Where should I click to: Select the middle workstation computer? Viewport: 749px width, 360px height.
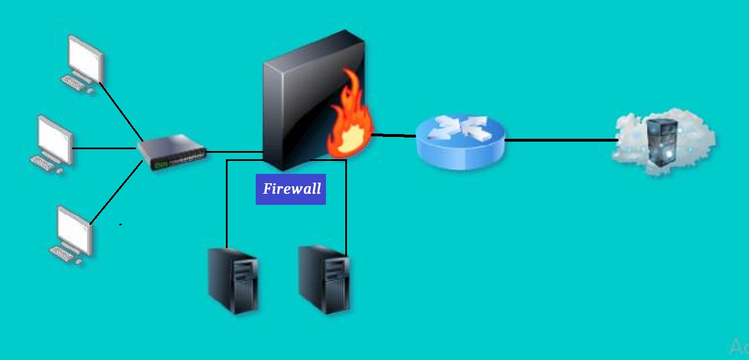click(x=53, y=144)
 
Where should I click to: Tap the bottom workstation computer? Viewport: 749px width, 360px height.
click(x=73, y=234)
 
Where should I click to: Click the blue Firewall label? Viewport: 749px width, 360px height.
click(x=291, y=189)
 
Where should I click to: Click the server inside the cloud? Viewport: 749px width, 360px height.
click(x=662, y=140)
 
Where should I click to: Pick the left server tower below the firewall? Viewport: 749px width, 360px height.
click(x=234, y=281)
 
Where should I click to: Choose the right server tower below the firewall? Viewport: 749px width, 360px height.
click(x=325, y=279)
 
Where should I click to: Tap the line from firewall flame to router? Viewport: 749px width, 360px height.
click(x=393, y=135)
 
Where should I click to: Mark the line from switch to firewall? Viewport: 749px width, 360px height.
click(x=234, y=152)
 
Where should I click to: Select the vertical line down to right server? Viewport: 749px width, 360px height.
click(x=346, y=205)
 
